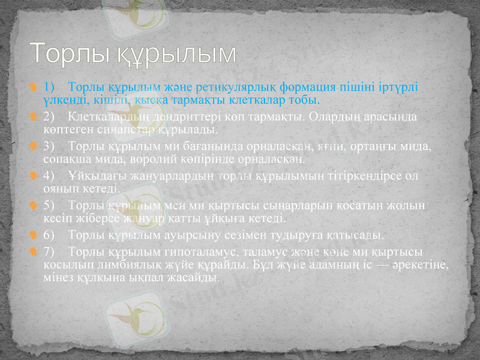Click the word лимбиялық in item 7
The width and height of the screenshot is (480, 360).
tap(114, 263)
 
